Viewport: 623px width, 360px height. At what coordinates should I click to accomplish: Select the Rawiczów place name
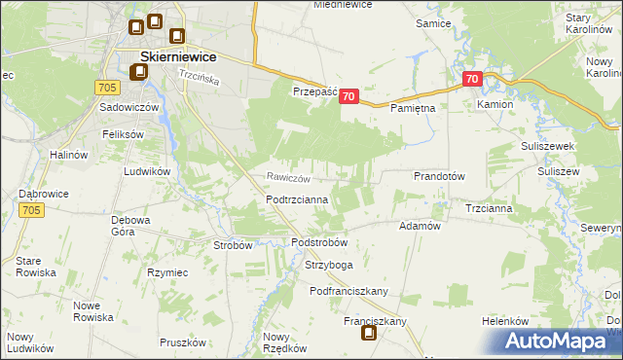point(289,177)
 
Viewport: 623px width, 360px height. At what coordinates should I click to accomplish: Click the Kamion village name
point(495,103)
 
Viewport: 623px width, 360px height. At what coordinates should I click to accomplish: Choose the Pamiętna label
point(412,109)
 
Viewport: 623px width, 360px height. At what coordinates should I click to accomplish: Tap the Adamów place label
point(421,225)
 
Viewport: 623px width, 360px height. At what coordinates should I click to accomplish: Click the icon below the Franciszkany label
point(370,334)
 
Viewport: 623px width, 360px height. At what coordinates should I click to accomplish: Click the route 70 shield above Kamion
point(472,79)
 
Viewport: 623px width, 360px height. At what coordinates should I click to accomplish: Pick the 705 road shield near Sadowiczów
point(108,88)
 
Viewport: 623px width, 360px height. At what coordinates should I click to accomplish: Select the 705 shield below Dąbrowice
point(31,210)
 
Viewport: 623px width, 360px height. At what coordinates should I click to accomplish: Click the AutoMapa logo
point(554,341)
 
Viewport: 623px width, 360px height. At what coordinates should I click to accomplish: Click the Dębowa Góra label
point(129,226)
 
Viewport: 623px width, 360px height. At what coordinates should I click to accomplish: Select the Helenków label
point(504,321)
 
